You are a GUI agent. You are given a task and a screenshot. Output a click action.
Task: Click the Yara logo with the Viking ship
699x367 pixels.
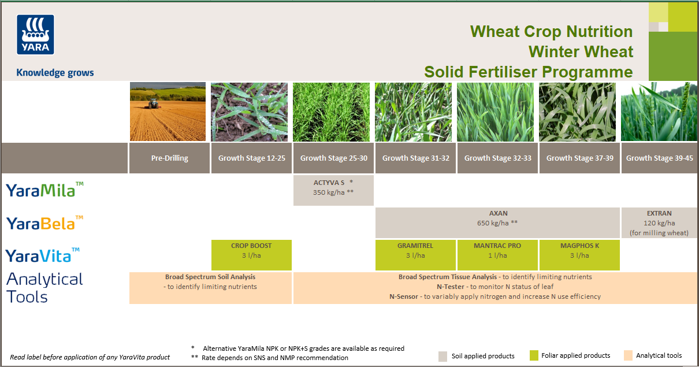35,35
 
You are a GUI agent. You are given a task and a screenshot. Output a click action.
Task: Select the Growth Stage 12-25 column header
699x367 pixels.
251,158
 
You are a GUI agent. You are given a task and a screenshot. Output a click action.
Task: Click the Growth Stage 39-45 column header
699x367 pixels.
659,158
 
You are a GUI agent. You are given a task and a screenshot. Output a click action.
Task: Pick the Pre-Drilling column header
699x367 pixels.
169,158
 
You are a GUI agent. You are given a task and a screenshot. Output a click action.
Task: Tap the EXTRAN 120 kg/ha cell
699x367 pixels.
659,223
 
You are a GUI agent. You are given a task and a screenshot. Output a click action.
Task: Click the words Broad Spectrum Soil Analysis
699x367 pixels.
210,277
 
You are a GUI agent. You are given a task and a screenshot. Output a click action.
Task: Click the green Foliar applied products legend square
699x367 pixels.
534,355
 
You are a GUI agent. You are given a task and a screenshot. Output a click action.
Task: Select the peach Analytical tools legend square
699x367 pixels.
629,355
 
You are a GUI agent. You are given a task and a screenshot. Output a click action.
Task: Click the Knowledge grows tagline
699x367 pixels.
55,73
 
